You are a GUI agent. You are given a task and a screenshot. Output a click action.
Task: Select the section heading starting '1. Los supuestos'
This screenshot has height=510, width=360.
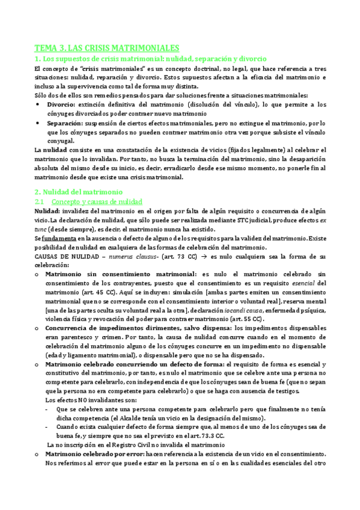[x=150, y=59]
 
